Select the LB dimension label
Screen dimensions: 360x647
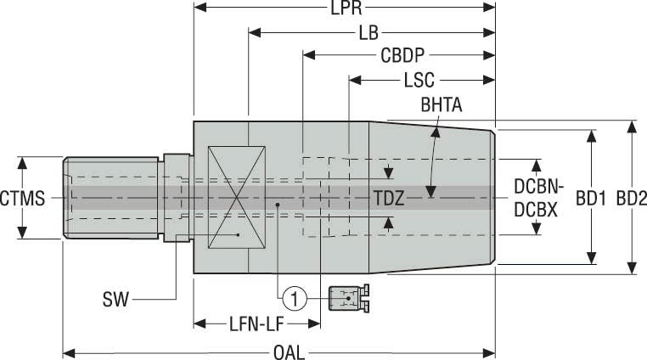[369, 35]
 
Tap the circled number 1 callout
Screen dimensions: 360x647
[294, 297]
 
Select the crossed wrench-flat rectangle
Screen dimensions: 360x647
[239, 197]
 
